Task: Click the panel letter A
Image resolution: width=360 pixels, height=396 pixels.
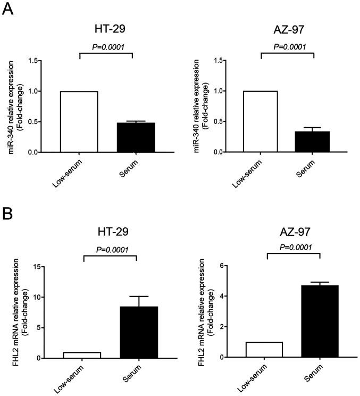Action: pos(9,10)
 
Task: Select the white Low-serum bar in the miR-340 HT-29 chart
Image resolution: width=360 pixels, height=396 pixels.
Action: pos(79,122)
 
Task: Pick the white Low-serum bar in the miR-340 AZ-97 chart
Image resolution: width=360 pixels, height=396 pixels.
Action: pos(261,122)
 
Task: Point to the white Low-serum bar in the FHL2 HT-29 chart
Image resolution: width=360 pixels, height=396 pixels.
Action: pos(83,355)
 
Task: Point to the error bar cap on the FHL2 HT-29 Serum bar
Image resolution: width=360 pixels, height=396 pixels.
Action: pos(137,296)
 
